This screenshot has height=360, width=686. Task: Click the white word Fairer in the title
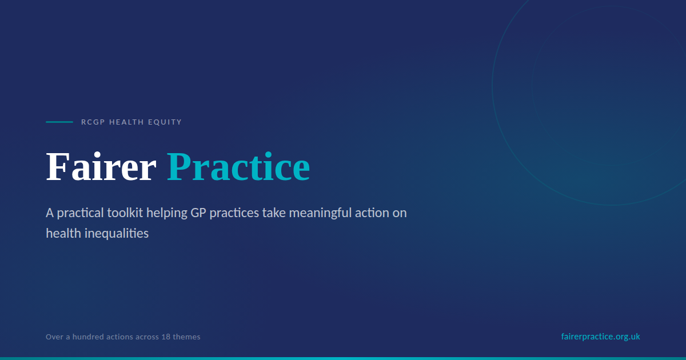(101, 167)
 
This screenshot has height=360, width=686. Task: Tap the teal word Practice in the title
(238, 167)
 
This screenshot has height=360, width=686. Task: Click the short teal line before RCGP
(59, 122)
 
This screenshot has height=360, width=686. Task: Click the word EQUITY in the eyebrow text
(165, 122)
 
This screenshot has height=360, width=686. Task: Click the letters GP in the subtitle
(198, 213)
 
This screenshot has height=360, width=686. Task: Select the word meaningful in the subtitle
(320, 213)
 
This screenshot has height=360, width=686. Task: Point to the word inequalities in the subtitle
(117, 234)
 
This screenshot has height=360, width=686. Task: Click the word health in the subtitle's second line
(63, 233)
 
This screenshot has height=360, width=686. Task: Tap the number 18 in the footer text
(166, 337)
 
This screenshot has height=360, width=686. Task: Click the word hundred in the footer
(83, 337)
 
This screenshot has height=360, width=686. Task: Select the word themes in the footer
(186, 337)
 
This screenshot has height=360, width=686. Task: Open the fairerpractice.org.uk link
(601, 337)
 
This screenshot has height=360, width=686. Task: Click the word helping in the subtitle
(166, 213)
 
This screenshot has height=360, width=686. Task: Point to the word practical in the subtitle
(80, 213)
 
